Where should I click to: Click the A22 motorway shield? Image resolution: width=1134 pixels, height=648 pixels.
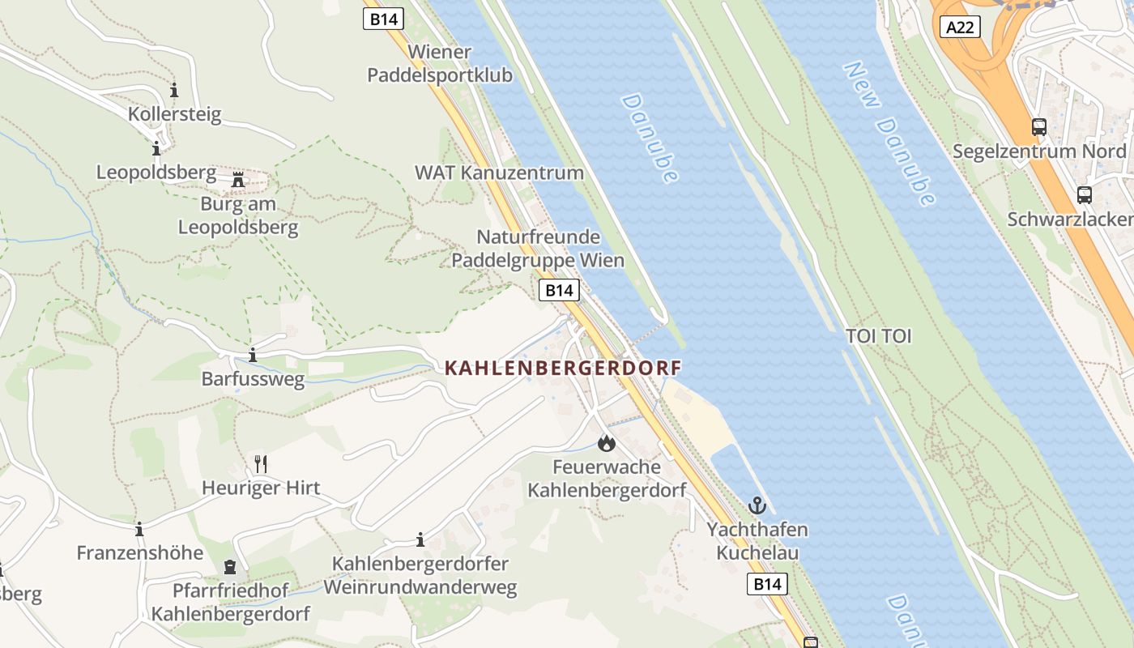click(961, 28)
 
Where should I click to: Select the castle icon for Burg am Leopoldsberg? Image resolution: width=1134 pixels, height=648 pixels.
click(238, 179)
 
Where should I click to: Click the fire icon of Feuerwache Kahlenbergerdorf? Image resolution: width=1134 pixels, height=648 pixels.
click(606, 443)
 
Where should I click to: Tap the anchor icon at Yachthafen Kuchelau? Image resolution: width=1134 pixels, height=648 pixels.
click(757, 505)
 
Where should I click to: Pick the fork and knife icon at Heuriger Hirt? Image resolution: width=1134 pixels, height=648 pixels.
click(260, 464)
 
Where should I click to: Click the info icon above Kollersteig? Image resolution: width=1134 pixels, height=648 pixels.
click(174, 90)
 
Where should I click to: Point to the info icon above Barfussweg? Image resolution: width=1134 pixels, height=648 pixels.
click(253, 355)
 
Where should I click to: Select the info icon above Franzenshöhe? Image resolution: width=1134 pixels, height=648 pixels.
click(139, 530)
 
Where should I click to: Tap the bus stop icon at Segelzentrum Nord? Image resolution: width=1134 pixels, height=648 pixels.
click(1038, 126)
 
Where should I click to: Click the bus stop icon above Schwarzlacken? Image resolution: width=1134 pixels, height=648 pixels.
click(1084, 195)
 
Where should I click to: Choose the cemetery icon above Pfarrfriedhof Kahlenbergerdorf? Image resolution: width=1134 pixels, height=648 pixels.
click(230, 567)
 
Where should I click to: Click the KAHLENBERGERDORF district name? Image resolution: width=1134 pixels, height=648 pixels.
click(563, 368)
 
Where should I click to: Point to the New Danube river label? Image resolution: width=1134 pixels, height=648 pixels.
click(890, 134)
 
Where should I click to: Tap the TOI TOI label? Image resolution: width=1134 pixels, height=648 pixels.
click(878, 335)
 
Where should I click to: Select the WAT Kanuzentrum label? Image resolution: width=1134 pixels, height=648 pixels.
click(499, 173)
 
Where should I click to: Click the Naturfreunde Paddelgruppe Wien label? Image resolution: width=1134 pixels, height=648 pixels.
click(538, 249)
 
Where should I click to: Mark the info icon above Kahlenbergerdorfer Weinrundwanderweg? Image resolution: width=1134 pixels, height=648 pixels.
click(420, 539)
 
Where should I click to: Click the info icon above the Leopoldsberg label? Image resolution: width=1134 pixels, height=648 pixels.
click(156, 149)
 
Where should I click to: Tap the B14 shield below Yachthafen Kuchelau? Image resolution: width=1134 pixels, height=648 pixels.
click(766, 584)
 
